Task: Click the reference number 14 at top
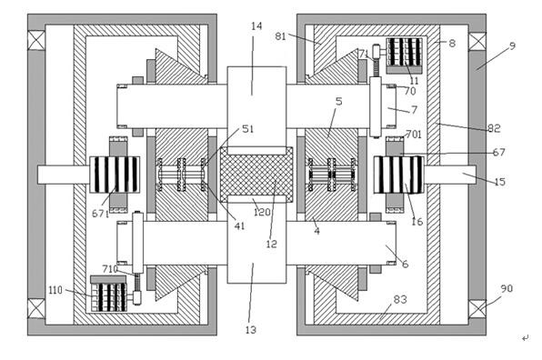click(x=256, y=26)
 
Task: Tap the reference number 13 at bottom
click(x=251, y=330)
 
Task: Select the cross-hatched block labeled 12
click(x=256, y=175)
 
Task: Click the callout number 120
click(x=262, y=212)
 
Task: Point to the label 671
click(x=100, y=214)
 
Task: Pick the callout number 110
click(x=55, y=290)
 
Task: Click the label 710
click(x=110, y=268)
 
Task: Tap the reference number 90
click(x=507, y=288)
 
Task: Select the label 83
click(x=400, y=299)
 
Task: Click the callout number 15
click(x=500, y=182)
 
